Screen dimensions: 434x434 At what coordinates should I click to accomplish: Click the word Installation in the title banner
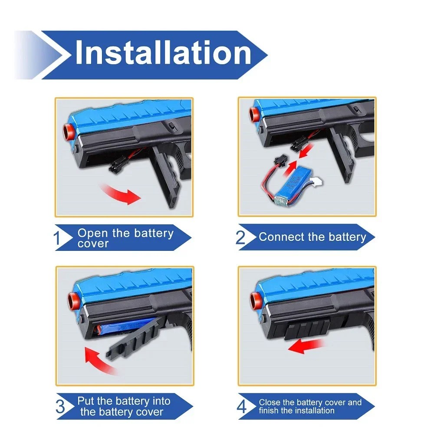[x=163, y=53]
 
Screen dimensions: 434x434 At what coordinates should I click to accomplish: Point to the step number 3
[x=61, y=407]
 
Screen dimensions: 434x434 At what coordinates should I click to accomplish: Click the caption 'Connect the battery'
[x=312, y=237]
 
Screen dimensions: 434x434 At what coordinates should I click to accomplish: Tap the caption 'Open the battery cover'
[x=125, y=238]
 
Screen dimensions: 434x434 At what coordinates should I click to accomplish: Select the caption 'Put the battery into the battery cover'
[x=124, y=407]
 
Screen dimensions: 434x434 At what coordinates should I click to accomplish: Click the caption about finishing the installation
[x=310, y=407]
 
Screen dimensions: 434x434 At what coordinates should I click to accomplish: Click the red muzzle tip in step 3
[x=69, y=299]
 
